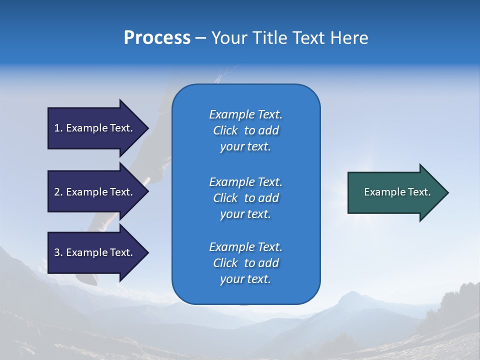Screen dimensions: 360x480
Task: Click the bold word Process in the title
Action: (157, 38)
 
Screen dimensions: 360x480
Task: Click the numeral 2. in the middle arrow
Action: (58, 192)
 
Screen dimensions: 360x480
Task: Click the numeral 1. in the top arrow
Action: (58, 128)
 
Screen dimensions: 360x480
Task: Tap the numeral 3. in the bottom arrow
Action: (58, 252)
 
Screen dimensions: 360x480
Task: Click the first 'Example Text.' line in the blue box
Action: (245, 114)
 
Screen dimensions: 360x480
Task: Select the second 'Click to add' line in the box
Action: (245, 198)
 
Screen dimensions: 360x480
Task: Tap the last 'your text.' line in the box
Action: (245, 279)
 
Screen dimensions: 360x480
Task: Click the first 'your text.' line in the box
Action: (245, 146)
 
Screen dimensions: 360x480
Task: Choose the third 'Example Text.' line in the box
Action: (245, 247)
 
